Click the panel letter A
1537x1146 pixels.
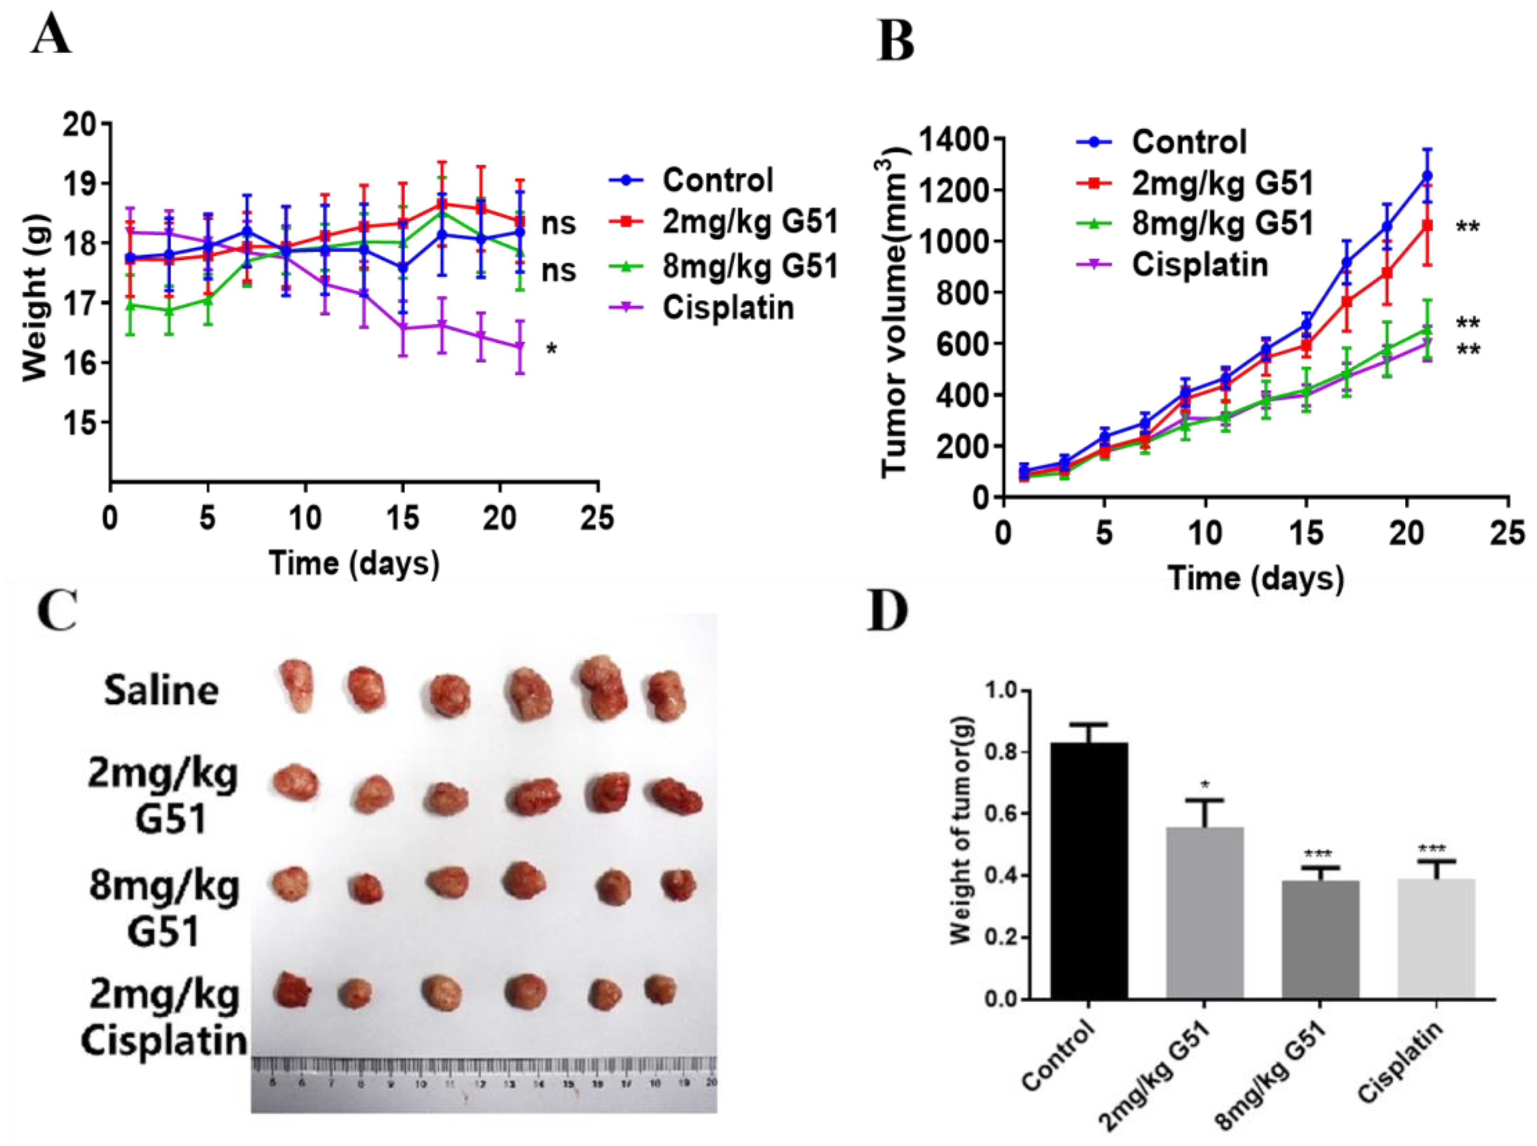point(51,36)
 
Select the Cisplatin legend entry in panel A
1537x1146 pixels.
point(727,307)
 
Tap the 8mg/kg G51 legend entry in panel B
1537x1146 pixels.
point(1223,223)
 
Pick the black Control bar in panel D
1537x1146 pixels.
point(1088,871)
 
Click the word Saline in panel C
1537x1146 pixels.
point(161,691)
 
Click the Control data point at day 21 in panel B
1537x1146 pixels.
point(1427,176)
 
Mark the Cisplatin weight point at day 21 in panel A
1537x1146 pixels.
point(520,346)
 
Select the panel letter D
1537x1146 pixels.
point(888,612)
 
